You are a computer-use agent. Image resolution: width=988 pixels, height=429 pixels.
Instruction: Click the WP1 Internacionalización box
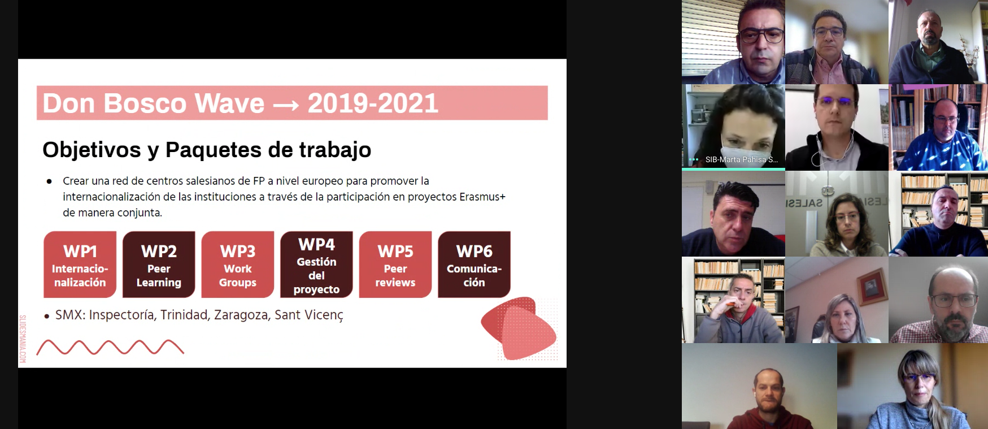pos(80,265)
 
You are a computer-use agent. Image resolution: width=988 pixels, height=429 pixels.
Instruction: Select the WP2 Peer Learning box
pos(159,265)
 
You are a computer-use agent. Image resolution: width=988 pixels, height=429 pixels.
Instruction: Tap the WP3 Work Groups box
pos(238,265)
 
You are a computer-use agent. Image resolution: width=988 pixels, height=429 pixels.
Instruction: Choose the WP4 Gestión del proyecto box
pos(316,265)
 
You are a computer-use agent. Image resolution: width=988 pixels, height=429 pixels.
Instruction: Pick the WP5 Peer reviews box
pos(395,265)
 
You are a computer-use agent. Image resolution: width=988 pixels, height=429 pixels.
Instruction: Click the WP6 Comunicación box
pos(474,265)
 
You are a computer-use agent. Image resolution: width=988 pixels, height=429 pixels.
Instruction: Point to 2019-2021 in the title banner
pos(373,103)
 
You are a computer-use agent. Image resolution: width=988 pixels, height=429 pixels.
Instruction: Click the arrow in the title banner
pos(286,105)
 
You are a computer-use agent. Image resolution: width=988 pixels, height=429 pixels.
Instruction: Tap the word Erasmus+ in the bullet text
pos(482,197)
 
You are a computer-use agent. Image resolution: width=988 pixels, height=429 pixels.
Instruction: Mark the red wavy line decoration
pos(110,347)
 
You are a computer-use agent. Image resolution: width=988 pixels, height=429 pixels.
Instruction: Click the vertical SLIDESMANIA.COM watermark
pos(23,339)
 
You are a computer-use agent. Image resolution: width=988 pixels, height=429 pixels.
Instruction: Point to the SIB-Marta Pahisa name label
pos(741,160)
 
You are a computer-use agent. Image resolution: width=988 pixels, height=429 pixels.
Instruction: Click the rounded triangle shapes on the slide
pos(519,328)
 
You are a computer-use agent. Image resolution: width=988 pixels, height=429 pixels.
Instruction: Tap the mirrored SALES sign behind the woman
pos(804,202)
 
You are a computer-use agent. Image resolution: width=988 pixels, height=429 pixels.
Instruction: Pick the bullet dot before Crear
pos(49,181)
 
